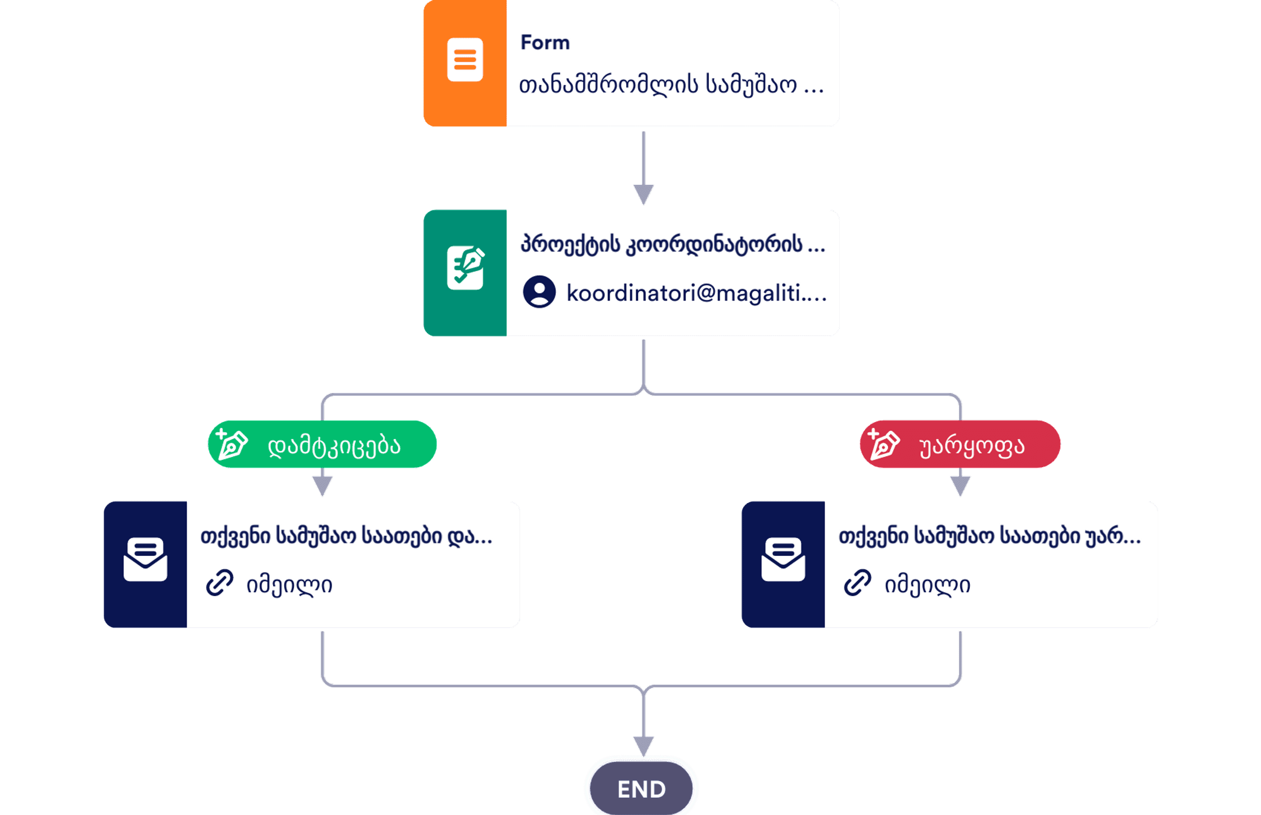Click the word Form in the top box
[545, 43]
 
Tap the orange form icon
[464, 60]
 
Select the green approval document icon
[465, 268]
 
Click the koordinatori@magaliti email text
[696, 293]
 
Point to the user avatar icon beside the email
[539, 292]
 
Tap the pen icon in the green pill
[231, 444]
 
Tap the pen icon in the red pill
[883, 444]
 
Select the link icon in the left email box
[220, 583]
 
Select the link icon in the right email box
[857, 583]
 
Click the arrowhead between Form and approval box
[643, 194]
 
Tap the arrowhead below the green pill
[322, 485]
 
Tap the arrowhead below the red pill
[960, 485]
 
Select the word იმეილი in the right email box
[927, 586]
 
